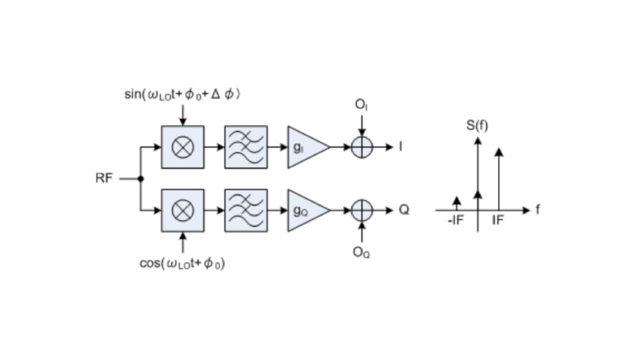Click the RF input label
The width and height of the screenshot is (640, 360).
tap(104, 178)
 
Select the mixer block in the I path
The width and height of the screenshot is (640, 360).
tap(182, 147)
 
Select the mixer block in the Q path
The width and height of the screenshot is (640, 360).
tap(182, 210)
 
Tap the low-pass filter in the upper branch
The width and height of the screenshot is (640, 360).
tap(246, 147)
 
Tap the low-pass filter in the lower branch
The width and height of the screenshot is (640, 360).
tap(246, 210)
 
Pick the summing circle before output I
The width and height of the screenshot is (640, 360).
tap(362, 147)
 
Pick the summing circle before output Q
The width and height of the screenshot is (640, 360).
tap(362, 210)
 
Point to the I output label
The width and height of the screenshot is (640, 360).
tap(401, 147)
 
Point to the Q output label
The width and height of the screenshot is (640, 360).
tap(404, 210)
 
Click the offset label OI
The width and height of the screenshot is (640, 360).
tap(361, 105)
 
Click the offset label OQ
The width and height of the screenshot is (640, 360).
tap(361, 252)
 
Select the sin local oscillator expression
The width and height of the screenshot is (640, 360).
tap(182, 94)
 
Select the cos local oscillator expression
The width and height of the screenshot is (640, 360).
tap(182, 263)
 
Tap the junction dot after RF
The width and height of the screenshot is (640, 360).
tap(141, 179)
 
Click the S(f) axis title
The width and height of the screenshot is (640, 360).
tap(477, 126)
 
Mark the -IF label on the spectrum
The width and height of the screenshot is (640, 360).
tap(456, 221)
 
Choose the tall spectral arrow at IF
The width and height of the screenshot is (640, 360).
tap(498, 178)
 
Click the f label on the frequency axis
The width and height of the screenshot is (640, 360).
tap(537, 210)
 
